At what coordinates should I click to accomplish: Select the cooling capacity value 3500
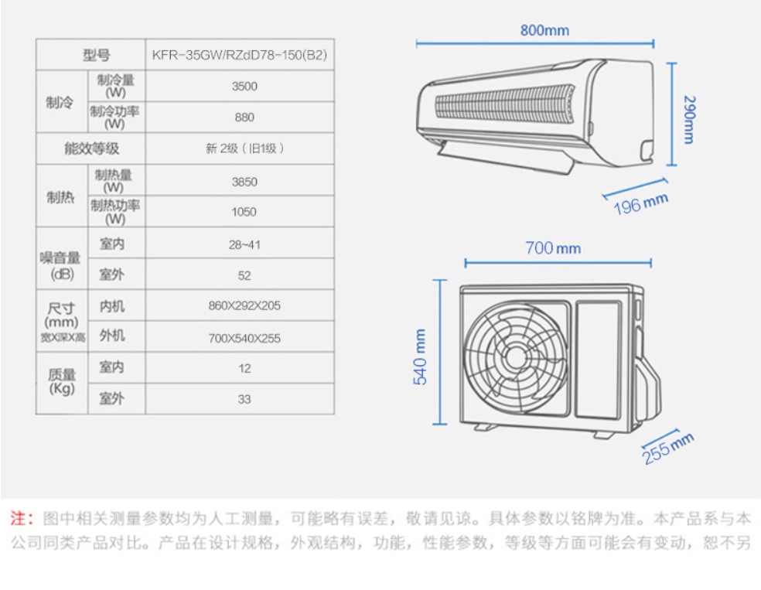[x=244, y=86]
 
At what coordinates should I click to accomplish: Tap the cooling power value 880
[x=244, y=118]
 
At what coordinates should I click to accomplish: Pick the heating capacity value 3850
[x=244, y=182]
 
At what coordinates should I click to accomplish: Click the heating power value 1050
[x=244, y=212]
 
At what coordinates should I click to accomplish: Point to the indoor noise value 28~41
[x=244, y=244]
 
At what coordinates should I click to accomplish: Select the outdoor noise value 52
[x=244, y=275]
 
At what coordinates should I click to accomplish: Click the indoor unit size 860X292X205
[x=244, y=306]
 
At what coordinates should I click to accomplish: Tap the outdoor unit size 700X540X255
[x=244, y=338]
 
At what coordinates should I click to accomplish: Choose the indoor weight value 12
[x=244, y=369]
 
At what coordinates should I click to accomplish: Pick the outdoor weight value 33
[x=244, y=400]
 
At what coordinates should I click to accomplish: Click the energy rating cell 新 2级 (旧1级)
[x=244, y=148]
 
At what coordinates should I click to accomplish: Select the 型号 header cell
[x=97, y=55]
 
